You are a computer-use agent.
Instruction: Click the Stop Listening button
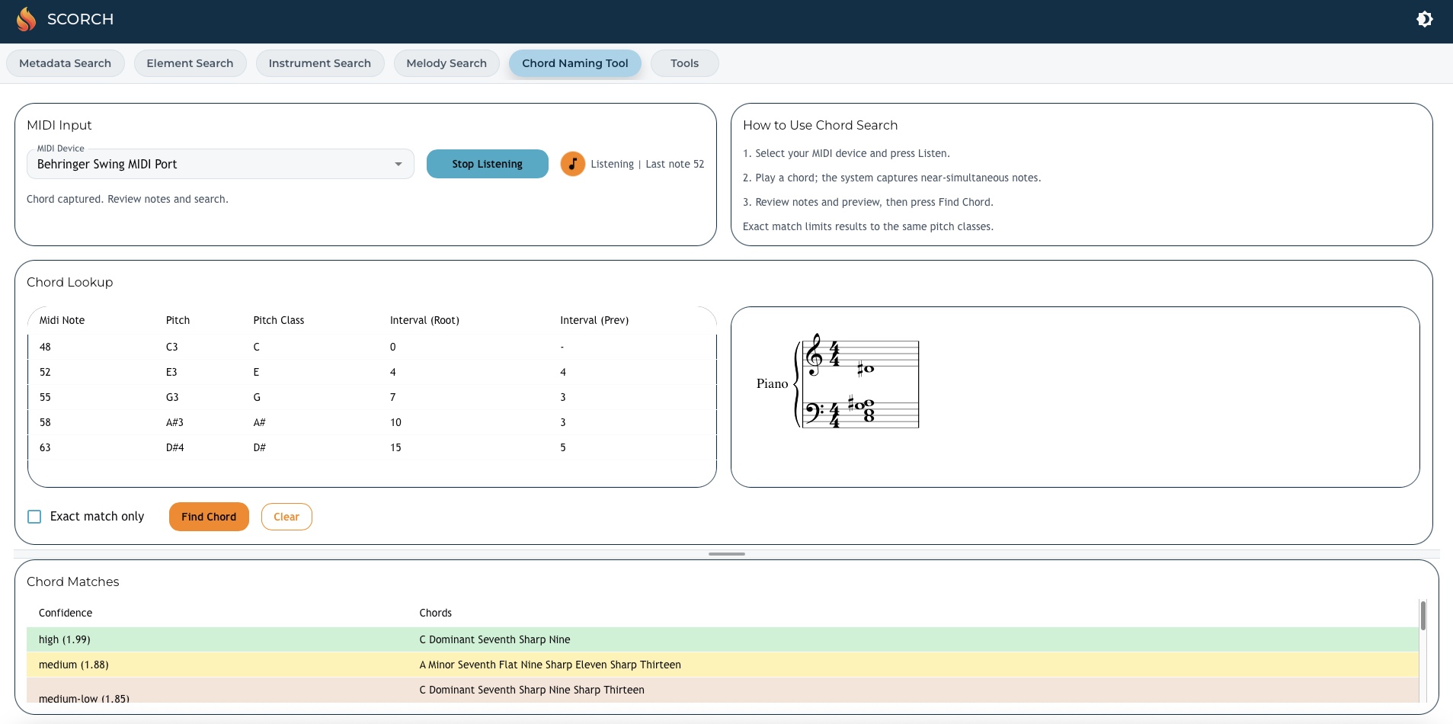[x=487, y=164]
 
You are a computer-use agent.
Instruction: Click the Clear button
[x=286, y=517]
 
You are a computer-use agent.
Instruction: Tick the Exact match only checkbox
[x=34, y=517]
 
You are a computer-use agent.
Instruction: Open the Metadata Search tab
[x=65, y=63]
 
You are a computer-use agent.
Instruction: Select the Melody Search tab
[x=446, y=63]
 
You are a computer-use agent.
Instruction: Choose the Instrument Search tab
[x=319, y=63]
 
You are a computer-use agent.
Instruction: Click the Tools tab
[x=684, y=63]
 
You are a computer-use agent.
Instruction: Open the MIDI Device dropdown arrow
[x=398, y=164]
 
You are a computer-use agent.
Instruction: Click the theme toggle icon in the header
[x=1424, y=19]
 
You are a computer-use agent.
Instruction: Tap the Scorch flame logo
[x=26, y=19]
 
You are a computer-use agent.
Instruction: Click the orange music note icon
[x=572, y=164]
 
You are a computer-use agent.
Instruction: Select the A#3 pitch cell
[x=174, y=422]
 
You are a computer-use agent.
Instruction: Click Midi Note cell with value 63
[x=45, y=447]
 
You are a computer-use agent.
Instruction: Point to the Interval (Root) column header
[x=424, y=320]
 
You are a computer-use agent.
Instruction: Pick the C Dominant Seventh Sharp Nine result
[x=494, y=639]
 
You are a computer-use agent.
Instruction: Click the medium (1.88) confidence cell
[x=74, y=665]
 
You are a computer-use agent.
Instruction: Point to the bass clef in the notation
[x=813, y=412]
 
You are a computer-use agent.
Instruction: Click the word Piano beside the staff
[x=772, y=383]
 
